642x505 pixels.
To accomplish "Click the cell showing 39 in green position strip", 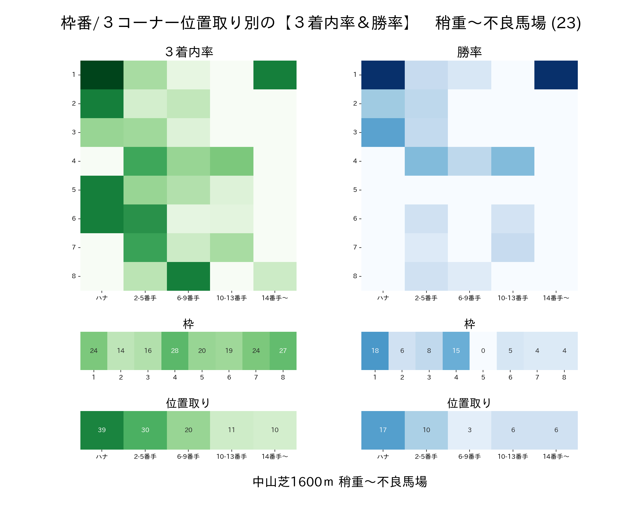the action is click(102, 430).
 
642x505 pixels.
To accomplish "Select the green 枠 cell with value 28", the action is click(175, 351).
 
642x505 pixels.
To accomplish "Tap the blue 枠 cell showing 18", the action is click(375, 351).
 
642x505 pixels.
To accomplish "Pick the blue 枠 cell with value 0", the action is click(483, 351).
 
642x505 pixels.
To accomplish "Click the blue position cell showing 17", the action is click(383, 430).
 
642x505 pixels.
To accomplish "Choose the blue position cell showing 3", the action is click(470, 430).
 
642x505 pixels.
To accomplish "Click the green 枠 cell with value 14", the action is click(121, 351).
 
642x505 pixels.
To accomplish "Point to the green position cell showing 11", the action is click(232, 430).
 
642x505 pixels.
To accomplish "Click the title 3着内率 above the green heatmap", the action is click(189, 52).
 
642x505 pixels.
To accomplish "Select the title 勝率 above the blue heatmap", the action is click(470, 52).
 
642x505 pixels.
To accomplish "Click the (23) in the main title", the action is click(566, 23).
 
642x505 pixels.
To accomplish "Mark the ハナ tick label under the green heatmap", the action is click(102, 298).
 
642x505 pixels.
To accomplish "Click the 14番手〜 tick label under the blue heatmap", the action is click(556, 298).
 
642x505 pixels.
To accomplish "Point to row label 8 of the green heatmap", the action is click(74, 276).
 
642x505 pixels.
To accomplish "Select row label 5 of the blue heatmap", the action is click(355, 190).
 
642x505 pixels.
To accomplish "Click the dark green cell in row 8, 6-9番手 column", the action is click(188, 276).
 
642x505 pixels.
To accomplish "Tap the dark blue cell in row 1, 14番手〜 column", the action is click(556, 75).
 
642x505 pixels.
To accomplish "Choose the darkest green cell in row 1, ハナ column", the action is click(102, 75).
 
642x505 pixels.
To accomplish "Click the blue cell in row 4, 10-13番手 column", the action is click(513, 161).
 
